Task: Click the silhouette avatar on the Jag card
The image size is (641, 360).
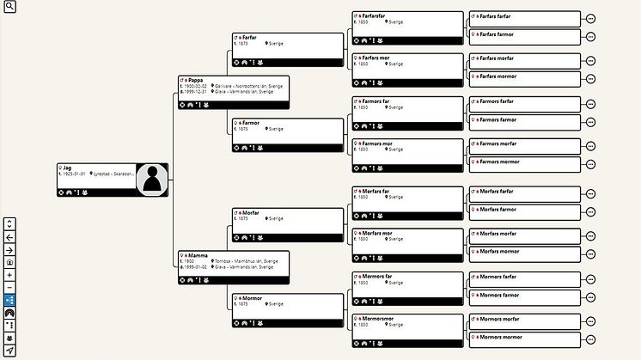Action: pos(152,180)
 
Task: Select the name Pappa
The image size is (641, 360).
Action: pos(196,80)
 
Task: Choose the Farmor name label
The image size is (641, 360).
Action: pos(251,123)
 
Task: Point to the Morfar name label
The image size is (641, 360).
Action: pos(251,212)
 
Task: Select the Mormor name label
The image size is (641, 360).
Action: pos(252,298)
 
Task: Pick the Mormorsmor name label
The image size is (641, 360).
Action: pos(375,317)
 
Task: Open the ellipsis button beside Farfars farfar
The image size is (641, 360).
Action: pos(590,18)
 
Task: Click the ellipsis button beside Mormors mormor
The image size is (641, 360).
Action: pos(590,338)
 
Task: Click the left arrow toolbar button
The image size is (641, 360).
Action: pos(9,237)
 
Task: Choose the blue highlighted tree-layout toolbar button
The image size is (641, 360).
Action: pos(9,300)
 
